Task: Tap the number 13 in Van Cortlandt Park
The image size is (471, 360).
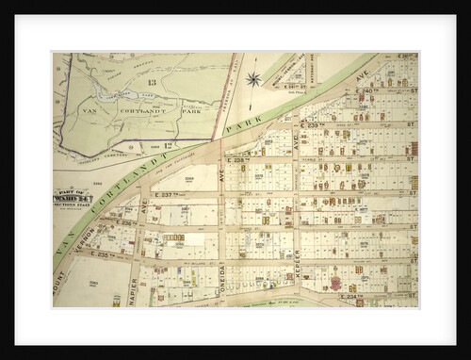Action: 151,83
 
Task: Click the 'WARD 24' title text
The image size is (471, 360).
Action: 73,199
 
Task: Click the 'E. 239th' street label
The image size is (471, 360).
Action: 312,123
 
